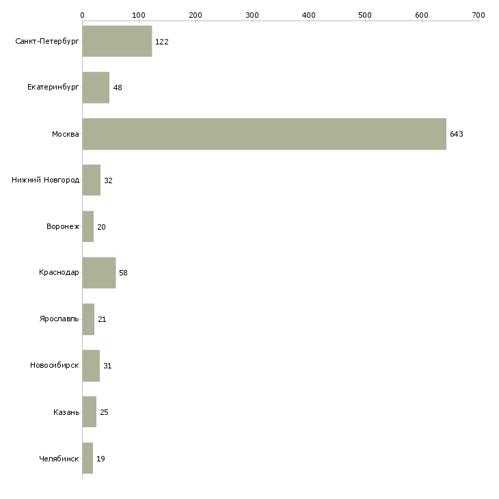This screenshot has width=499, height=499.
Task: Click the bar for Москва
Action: (x=264, y=134)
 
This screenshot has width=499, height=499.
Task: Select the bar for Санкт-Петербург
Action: (x=117, y=42)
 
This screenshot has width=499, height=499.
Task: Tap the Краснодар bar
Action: (x=98, y=273)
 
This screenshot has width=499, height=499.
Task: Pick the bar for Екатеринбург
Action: (x=96, y=87)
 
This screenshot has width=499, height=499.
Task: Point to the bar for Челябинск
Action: (x=87, y=458)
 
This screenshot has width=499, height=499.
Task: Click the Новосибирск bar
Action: (x=91, y=366)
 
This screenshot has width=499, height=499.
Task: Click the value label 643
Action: (x=457, y=134)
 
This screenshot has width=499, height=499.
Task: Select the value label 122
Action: (x=162, y=42)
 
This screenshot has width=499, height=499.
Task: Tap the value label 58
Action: (x=123, y=273)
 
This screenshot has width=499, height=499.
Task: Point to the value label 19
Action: (x=100, y=458)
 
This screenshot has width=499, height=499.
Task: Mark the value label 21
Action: (x=102, y=319)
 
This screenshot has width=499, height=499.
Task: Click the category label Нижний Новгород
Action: (x=46, y=180)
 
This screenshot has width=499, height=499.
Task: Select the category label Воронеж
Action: (x=63, y=227)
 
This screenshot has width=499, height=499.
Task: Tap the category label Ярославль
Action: (x=59, y=319)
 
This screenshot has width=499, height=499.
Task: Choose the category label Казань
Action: (x=66, y=412)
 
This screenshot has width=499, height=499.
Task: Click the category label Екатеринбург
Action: (x=53, y=87)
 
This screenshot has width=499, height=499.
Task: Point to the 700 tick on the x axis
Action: (x=478, y=14)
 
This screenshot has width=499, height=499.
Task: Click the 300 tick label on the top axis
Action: (x=252, y=14)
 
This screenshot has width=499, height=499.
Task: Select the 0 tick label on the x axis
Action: (x=82, y=14)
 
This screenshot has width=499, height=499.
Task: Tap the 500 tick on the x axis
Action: (x=365, y=14)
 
